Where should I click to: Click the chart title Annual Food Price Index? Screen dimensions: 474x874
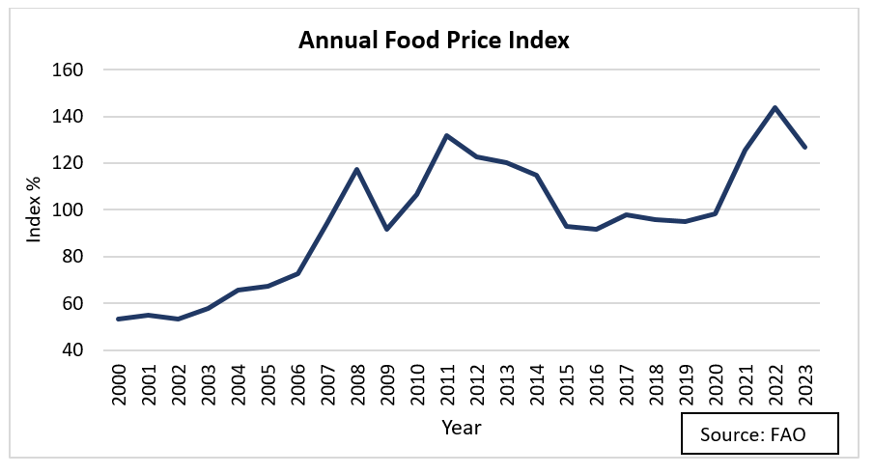tap(435, 41)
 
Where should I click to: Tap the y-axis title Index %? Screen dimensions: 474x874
tap(35, 210)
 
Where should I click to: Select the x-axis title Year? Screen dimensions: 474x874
tap(461, 426)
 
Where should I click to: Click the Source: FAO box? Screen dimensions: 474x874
tap(759, 434)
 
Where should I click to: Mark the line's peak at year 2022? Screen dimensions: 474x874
tap(775, 107)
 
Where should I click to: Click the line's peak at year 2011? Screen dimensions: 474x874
tap(446, 135)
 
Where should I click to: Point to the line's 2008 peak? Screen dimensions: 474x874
tap(356, 169)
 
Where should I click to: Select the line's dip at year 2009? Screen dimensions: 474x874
tap(386, 229)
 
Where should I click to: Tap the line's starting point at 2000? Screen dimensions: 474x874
tap(118, 319)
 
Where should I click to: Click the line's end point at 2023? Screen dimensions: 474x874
tap(804, 147)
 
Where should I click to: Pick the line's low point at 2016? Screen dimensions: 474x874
tap(596, 229)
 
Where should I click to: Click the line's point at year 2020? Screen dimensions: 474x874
tap(715, 213)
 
